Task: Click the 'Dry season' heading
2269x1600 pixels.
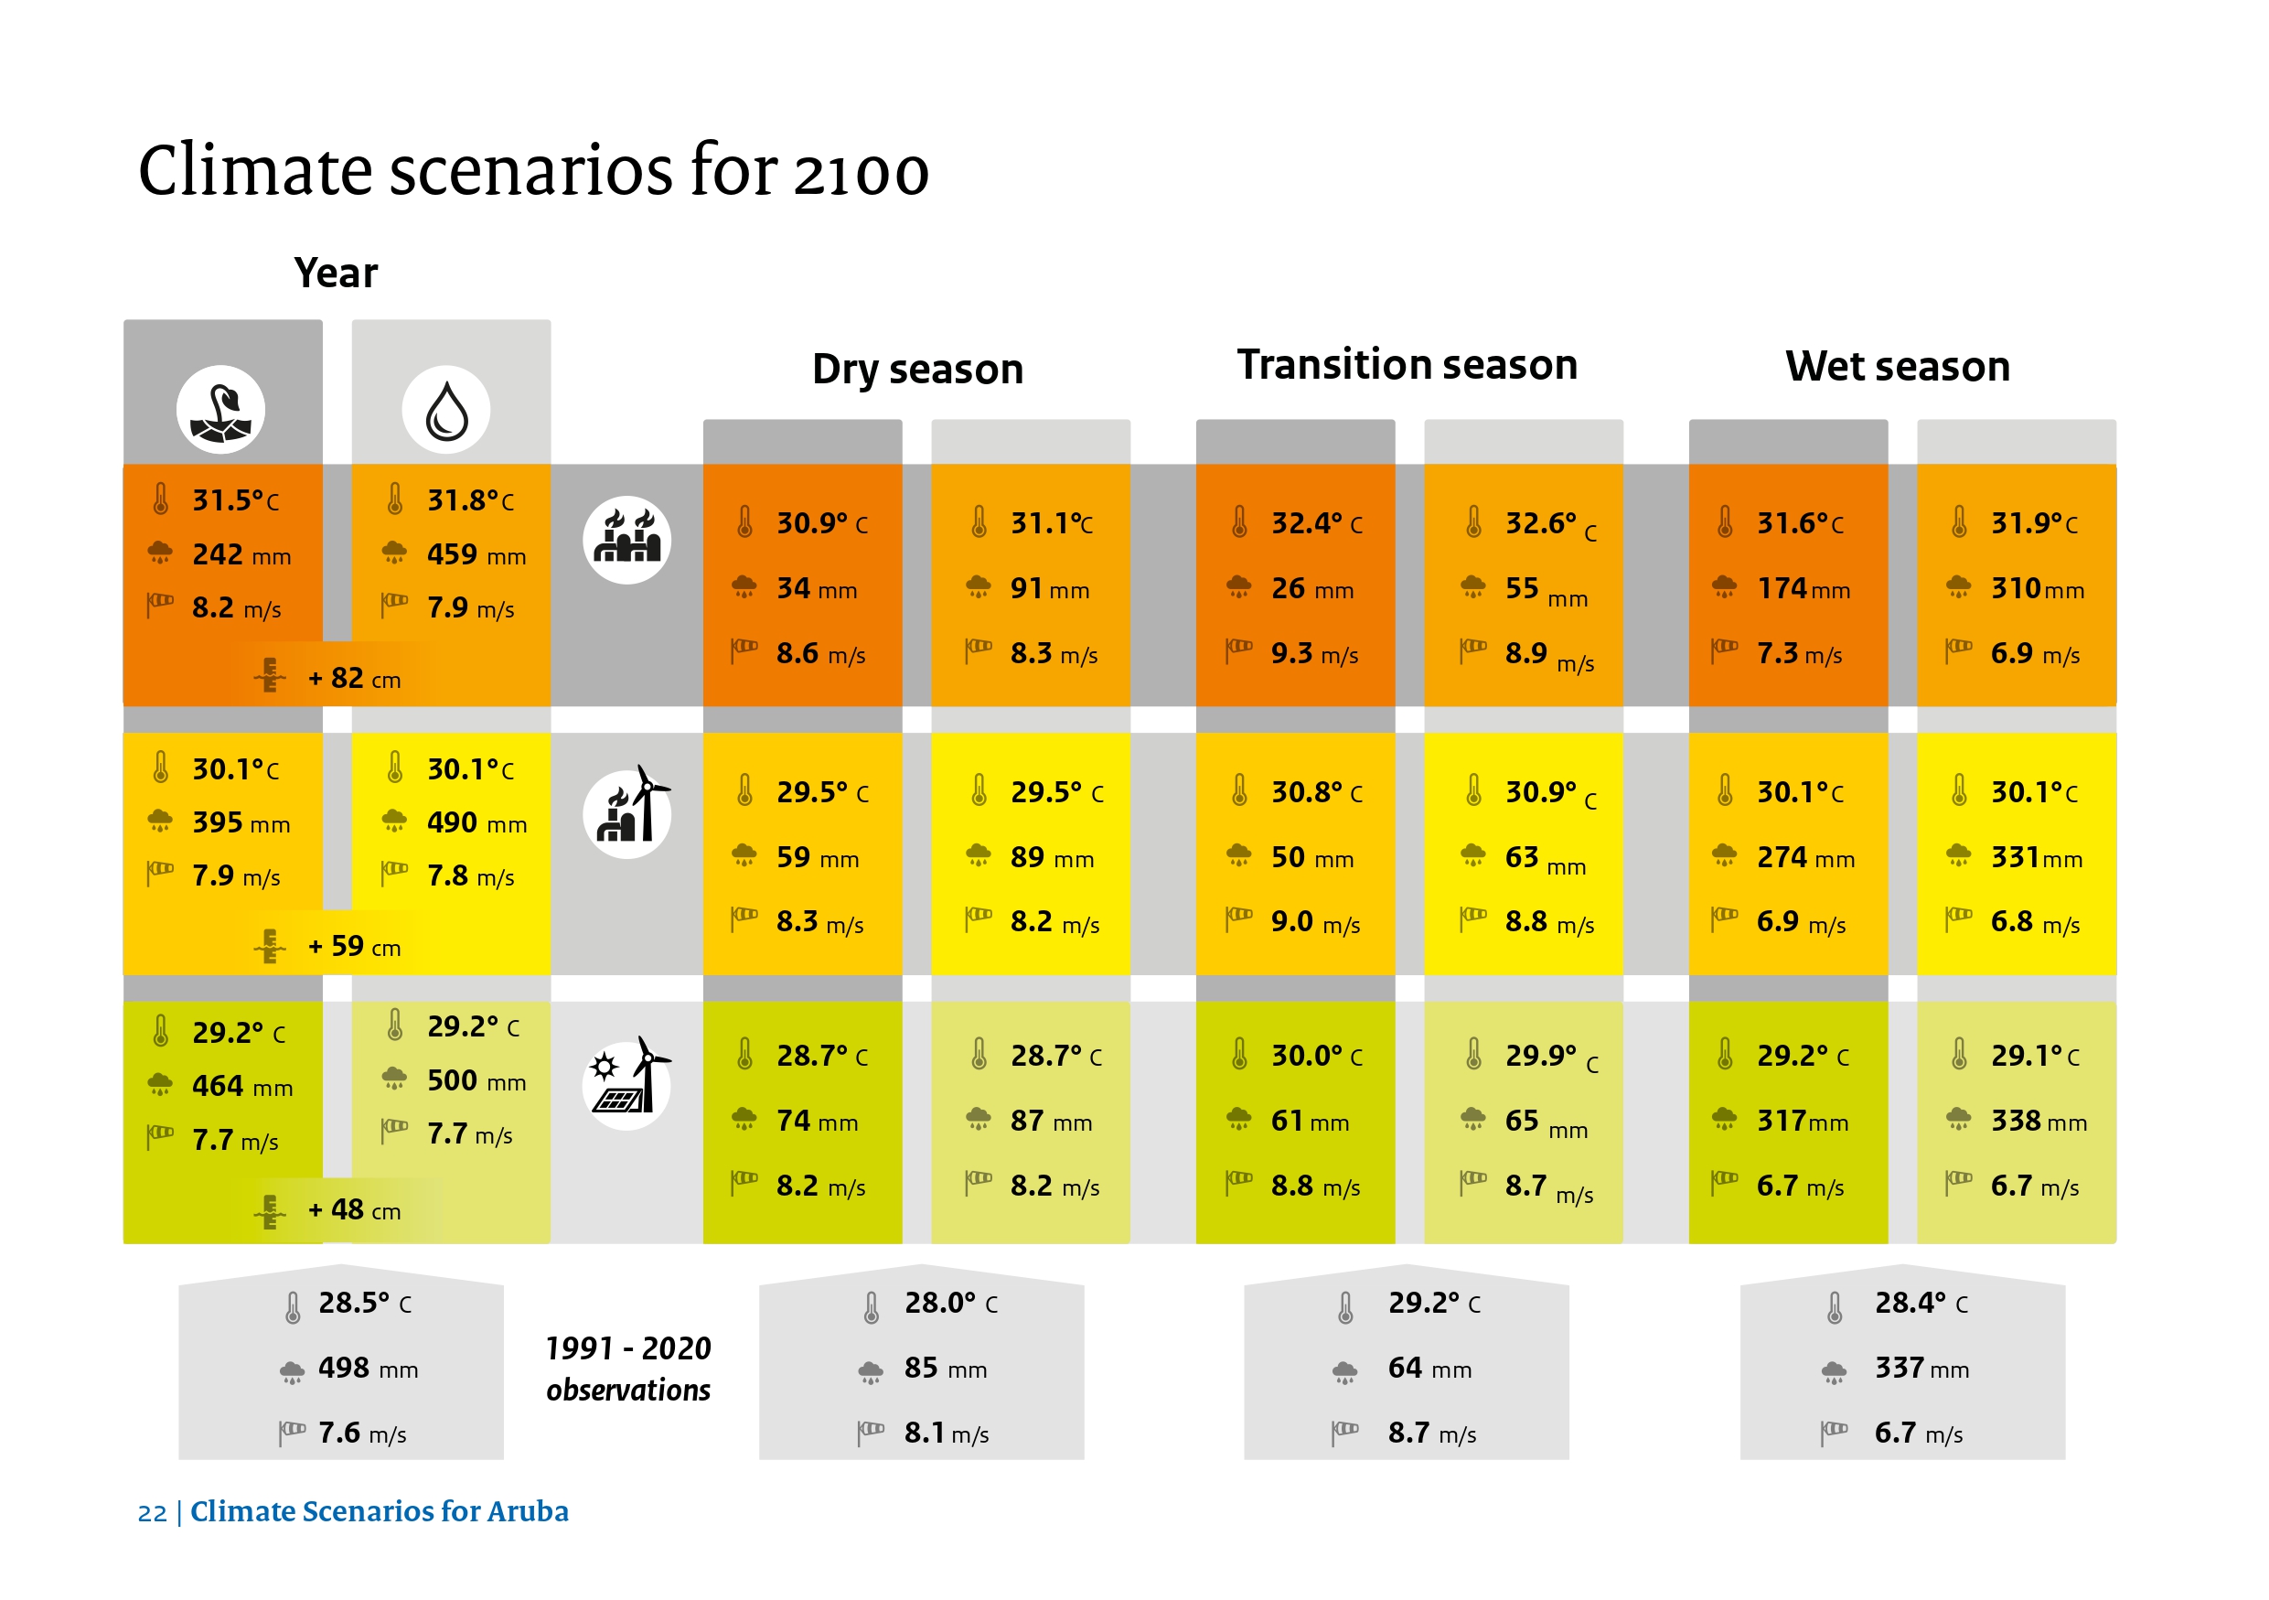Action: pos(917,369)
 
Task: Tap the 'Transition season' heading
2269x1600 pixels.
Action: pos(1407,365)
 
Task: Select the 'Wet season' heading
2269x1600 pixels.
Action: pos(1897,367)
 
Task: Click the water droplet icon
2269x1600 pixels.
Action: pos(445,410)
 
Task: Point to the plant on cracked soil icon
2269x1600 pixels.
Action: pos(220,410)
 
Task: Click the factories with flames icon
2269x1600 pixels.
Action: pos(626,540)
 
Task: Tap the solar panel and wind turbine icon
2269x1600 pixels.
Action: pos(626,1084)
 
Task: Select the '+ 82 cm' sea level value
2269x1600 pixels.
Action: pos(354,679)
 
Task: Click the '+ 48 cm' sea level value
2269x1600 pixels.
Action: pos(354,1209)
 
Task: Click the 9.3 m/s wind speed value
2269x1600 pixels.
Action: pos(1313,653)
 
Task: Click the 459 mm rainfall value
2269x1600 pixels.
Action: pos(476,554)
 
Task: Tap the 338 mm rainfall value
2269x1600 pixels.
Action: pos(2037,1121)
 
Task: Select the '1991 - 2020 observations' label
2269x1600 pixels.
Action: pos(627,1369)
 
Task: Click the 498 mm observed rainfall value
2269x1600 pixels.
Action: pos(367,1369)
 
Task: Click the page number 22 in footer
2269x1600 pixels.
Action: pos(151,1513)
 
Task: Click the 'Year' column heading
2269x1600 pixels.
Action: pos(335,273)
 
